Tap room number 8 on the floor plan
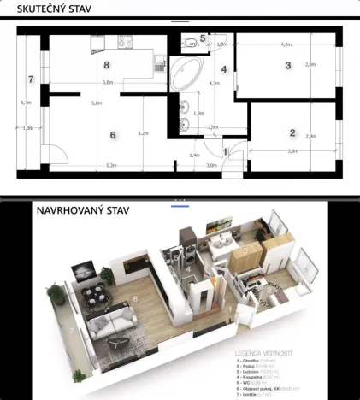[106, 64]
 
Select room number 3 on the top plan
[288, 66]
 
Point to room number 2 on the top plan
[292, 132]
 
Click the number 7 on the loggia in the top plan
[30, 79]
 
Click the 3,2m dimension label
[143, 132]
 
